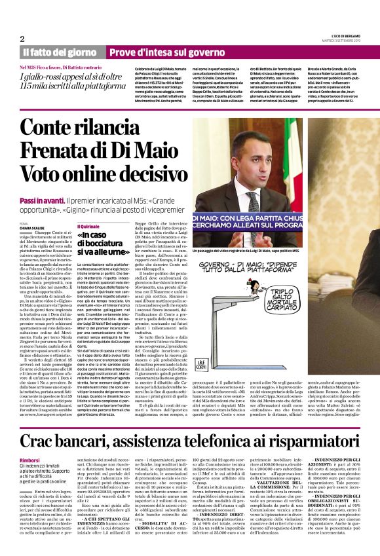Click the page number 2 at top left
click(x=22, y=39)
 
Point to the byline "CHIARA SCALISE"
click(x=31, y=229)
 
